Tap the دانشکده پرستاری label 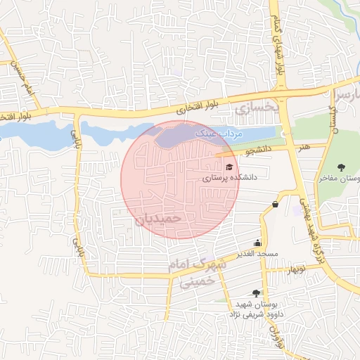click(x=230, y=179)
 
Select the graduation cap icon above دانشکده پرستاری click(x=229, y=167)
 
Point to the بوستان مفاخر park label click(x=335, y=179)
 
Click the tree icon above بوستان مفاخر click(x=341, y=167)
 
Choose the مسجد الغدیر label click(x=257, y=253)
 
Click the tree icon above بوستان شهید click(x=256, y=292)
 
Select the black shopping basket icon click(x=275, y=205)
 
